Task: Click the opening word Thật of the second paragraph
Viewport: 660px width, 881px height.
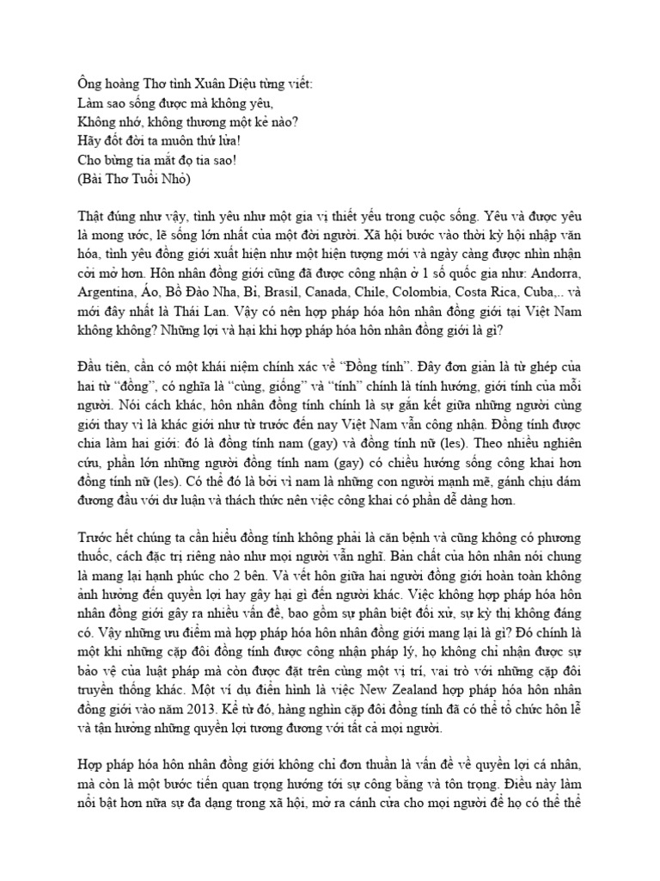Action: (90, 213)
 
